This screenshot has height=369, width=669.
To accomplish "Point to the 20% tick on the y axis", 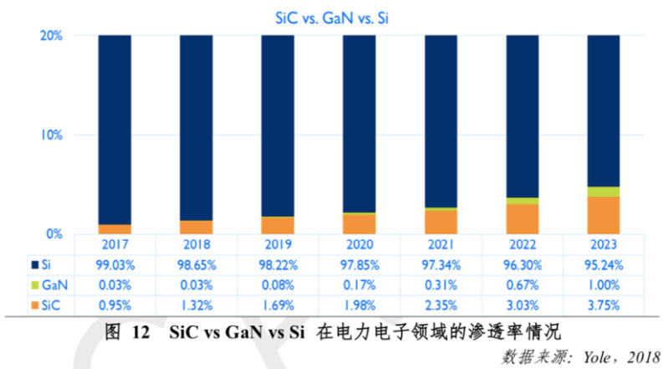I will (52, 36).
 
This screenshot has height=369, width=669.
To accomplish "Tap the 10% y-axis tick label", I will (52, 135).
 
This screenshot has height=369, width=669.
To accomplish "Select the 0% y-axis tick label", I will (55, 233).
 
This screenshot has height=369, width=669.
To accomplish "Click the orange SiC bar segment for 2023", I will (604, 215).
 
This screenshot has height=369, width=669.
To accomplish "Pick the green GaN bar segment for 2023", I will (604, 192).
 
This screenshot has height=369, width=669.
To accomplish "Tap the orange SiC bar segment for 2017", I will (115, 229).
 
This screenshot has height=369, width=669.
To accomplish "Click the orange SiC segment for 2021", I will (441, 222).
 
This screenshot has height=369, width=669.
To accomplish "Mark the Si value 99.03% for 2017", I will (115, 264).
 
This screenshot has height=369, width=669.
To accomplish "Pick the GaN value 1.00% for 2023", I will (604, 284).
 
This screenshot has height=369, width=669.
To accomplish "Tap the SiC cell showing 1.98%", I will (359, 303).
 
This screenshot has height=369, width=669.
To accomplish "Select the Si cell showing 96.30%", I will (522, 264).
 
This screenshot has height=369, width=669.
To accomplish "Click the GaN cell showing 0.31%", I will (441, 284).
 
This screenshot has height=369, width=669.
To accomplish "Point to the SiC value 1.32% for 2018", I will (196, 303).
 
